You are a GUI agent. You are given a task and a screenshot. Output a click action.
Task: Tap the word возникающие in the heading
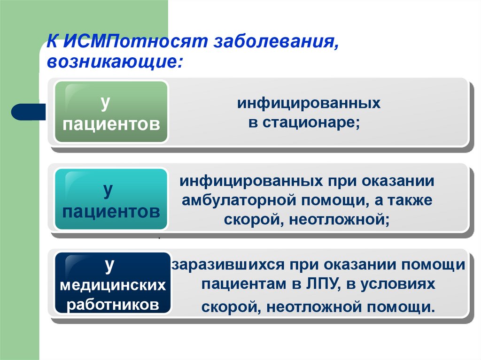113,62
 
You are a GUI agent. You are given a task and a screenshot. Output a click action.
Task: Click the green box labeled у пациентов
111,112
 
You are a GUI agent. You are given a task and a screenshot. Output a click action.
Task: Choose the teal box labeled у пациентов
111,199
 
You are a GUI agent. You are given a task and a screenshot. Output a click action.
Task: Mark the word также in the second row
411,200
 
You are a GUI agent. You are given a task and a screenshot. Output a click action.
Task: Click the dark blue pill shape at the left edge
27,111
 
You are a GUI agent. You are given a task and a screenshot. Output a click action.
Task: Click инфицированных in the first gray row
308,103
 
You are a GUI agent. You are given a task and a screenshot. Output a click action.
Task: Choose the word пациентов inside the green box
111,124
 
